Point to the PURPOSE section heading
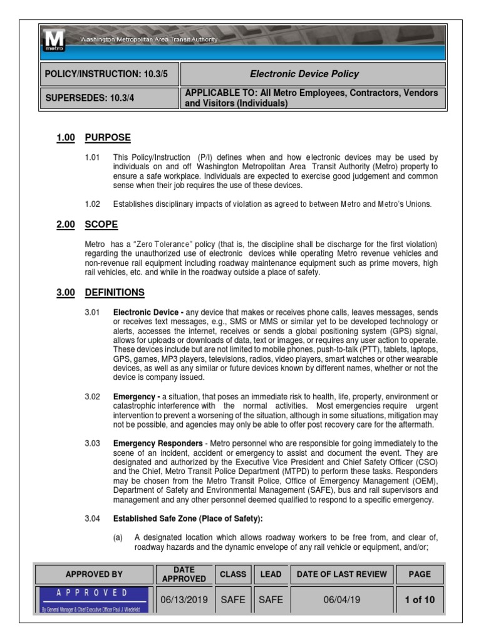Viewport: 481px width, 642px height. pyautogui.click(x=108, y=138)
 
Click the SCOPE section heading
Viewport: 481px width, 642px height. pyautogui.click(x=101, y=224)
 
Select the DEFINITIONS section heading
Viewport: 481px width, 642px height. pyautogui.click(x=115, y=292)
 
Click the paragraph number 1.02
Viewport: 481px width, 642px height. pyautogui.click(x=93, y=204)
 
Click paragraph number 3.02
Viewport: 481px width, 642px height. pyautogui.click(x=93, y=397)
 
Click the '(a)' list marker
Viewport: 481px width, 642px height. pyautogui.click(x=118, y=537)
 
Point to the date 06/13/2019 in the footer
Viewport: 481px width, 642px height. pyautogui.click(x=184, y=599)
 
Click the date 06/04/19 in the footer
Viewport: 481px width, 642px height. pyautogui.click(x=341, y=599)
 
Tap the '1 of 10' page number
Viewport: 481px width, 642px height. pyautogui.click(x=420, y=599)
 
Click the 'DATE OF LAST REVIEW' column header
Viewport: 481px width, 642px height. pyautogui.click(x=341, y=574)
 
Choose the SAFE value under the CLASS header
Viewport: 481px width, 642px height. pyautogui.click(x=232, y=599)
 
